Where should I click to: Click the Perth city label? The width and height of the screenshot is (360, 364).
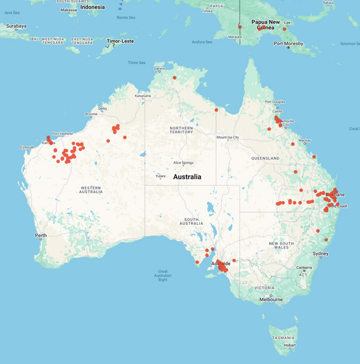(x=40, y=235)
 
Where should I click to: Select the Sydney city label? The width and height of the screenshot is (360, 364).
(x=320, y=254)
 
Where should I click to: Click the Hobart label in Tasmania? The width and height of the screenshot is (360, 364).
(x=290, y=345)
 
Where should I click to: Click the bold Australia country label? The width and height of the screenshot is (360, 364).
(x=187, y=177)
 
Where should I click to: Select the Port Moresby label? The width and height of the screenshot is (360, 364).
(x=288, y=44)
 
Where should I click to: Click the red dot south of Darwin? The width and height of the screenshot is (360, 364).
(x=175, y=78)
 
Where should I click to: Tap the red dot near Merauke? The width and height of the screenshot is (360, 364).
(x=240, y=27)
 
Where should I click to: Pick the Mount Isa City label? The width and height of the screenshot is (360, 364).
(x=228, y=137)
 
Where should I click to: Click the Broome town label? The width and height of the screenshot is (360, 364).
(x=92, y=113)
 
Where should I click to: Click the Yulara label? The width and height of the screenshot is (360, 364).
(x=161, y=176)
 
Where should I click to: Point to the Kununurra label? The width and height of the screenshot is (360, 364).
(x=143, y=96)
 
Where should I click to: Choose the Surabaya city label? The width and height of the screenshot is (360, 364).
(x=16, y=26)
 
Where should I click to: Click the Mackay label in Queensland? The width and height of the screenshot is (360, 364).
(x=305, y=140)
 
